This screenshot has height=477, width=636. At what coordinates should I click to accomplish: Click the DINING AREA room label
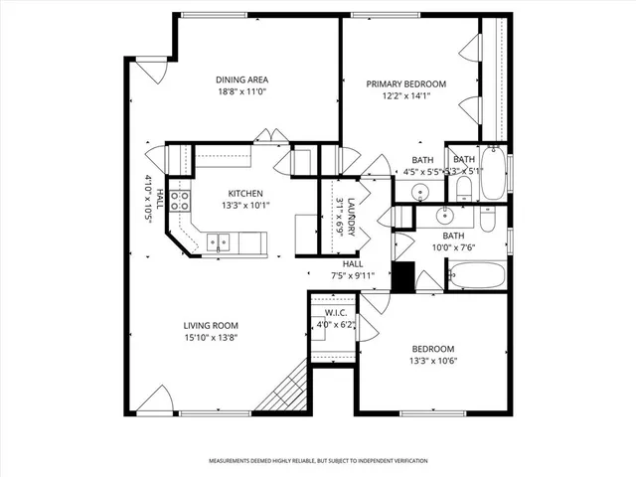point(242,79)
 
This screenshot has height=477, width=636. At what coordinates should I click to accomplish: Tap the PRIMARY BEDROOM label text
point(405,84)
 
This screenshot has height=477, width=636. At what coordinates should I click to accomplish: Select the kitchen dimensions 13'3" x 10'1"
point(245,206)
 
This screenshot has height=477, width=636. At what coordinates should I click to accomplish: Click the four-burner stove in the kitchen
point(181,202)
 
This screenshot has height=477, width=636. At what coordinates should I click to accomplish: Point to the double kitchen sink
point(219,240)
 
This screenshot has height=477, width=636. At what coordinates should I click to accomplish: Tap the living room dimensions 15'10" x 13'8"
point(210,338)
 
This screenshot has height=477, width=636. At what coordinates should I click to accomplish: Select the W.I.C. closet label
point(333,313)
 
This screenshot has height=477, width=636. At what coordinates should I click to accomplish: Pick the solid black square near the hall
point(402,276)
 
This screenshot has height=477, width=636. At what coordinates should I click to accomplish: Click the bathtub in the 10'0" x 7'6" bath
point(477,275)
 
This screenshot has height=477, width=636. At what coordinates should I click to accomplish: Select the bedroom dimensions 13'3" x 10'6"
point(432,361)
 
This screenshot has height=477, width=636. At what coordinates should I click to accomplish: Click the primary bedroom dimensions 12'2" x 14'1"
point(405,96)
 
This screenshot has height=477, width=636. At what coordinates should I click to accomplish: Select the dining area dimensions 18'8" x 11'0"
point(242,91)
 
